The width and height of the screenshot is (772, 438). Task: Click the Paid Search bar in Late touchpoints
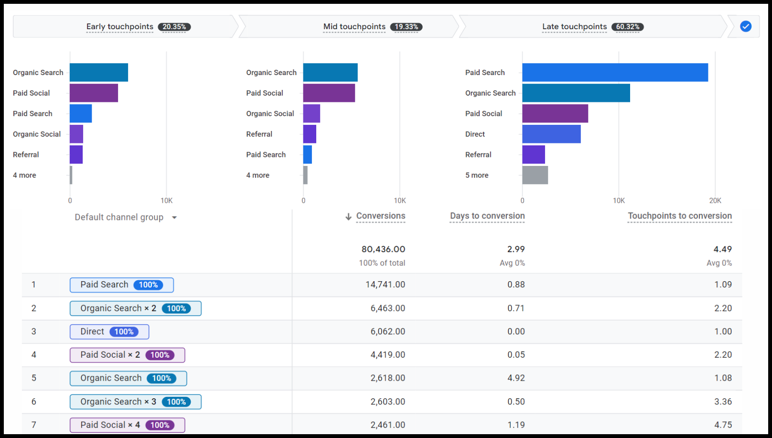click(615, 72)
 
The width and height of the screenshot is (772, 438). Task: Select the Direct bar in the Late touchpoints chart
click(551, 134)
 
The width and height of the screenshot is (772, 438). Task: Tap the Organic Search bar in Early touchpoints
click(99, 72)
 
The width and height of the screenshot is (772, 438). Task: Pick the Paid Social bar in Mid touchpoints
click(329, 93)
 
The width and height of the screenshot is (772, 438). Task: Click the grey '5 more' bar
click(535, 175)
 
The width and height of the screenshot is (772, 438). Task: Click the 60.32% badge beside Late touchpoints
click(627, 27)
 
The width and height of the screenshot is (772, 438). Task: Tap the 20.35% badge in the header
click(174, 27)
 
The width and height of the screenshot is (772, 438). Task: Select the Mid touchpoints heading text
click(354, 27)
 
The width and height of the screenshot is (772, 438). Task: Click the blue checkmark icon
click(745, 26)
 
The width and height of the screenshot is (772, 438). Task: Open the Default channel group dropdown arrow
click(174, 218)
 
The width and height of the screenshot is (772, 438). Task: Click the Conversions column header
click(380, 216)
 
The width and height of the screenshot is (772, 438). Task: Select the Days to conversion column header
click(487, 216)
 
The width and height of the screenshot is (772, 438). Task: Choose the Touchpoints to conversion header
click(679, 216)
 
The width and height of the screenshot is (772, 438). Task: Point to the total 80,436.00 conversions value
click(383, 249)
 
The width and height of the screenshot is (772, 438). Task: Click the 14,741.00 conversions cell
click(385, 285)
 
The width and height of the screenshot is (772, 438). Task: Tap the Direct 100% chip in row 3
click(109, 332)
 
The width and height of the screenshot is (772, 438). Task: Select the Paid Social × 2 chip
click(127, 355)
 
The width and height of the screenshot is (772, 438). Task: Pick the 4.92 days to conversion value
click(516, 378)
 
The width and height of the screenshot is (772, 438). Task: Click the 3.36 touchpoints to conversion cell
click(723, 402)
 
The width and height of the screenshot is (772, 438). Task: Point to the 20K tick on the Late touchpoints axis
click(715, 201)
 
